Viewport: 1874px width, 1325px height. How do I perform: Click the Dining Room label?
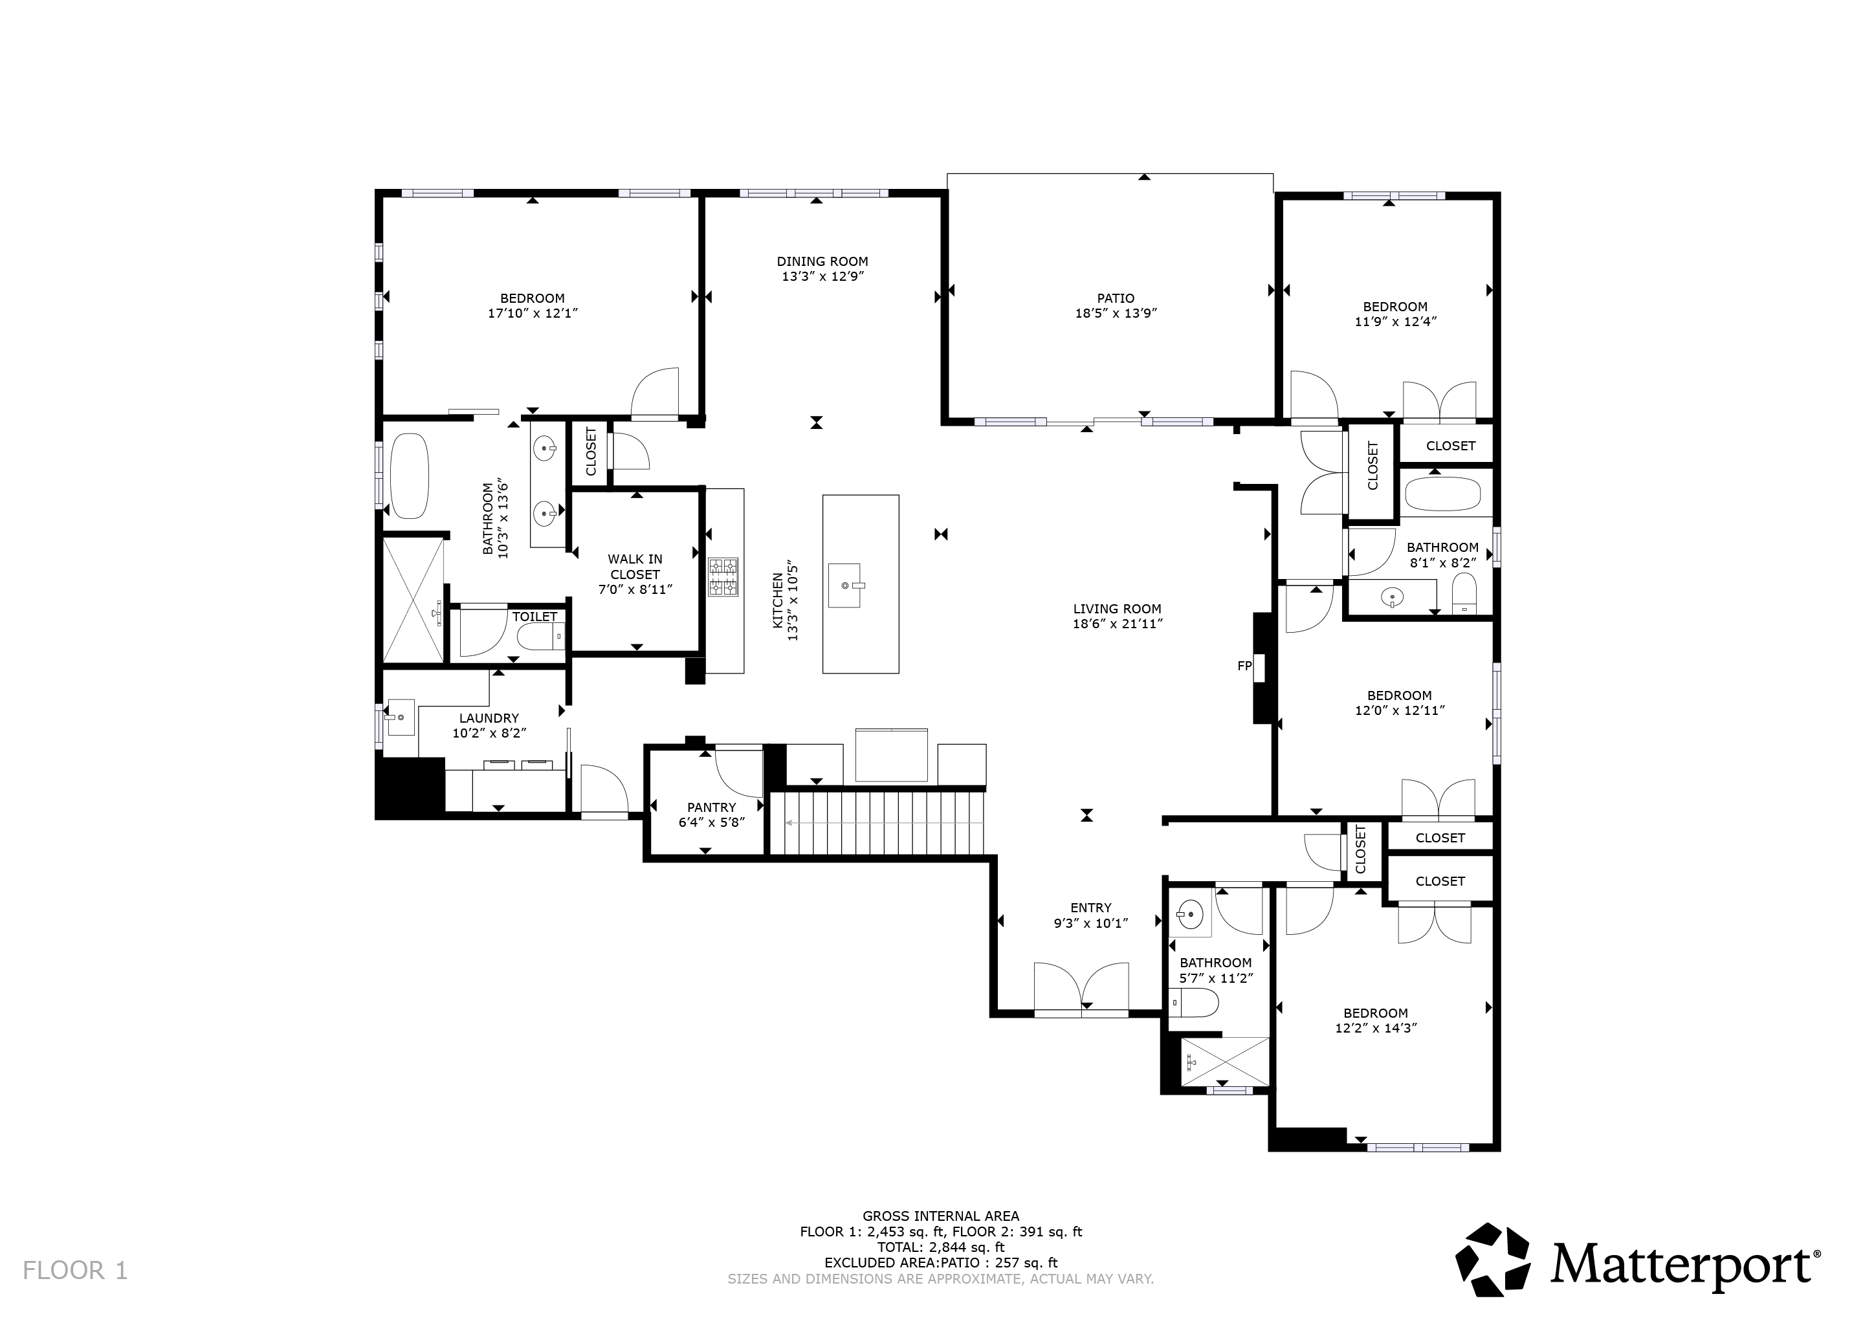click(822, 262)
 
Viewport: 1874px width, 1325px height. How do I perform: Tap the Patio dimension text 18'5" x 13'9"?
click(1116, 313)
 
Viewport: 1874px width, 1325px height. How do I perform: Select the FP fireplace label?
click(1244, 666)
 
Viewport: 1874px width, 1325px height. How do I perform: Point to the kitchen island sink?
click(844, 585)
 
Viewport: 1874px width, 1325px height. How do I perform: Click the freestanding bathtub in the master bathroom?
click(409, 476)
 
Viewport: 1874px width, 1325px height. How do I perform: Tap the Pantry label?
click(711, 807)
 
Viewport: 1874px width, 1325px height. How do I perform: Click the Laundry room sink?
click(400, 716)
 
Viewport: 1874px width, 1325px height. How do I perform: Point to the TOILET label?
click(535, 617)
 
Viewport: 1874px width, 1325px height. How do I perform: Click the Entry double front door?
click(1081, 989)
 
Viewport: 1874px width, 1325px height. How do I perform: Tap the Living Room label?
click(1116, 609)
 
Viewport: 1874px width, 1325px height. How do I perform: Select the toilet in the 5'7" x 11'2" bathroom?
click(1192, 1003)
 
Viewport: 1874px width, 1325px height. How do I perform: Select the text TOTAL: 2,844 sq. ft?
click(940, 1247)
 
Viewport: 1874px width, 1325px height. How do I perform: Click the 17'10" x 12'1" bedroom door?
click(656, 394)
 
